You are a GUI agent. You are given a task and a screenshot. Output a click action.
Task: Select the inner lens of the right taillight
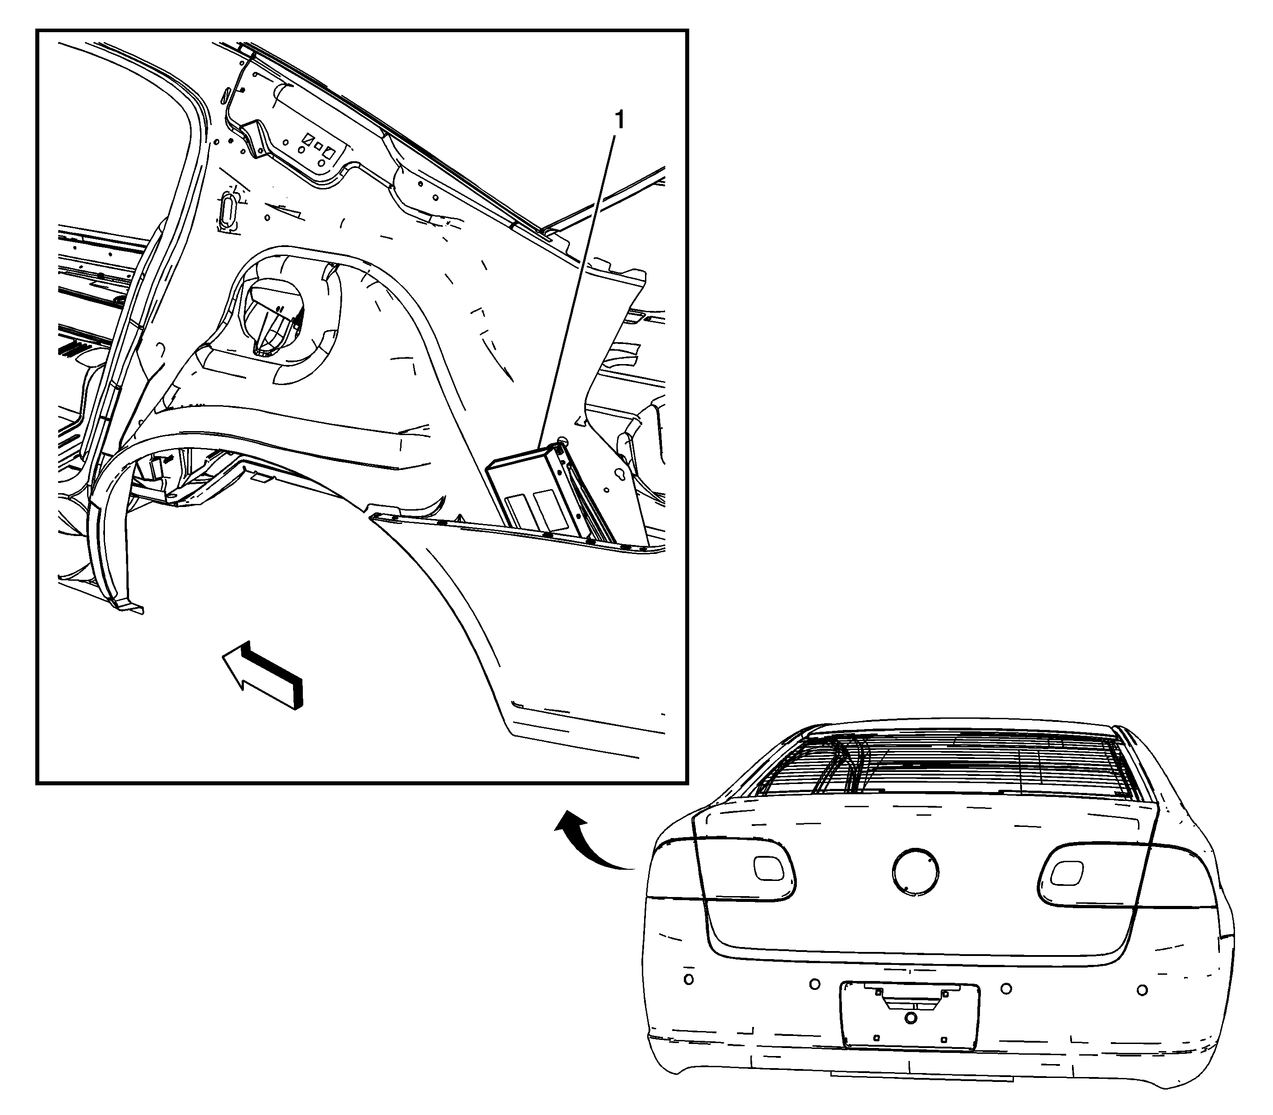1066,873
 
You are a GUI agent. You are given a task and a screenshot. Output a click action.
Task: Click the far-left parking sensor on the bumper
688,979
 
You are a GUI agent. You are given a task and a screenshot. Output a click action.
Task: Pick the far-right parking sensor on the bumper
1142,990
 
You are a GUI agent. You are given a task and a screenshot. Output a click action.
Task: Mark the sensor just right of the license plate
1006,988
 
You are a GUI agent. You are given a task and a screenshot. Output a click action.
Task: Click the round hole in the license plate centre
910,1018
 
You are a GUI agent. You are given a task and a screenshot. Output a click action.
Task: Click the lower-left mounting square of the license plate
876,1037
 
